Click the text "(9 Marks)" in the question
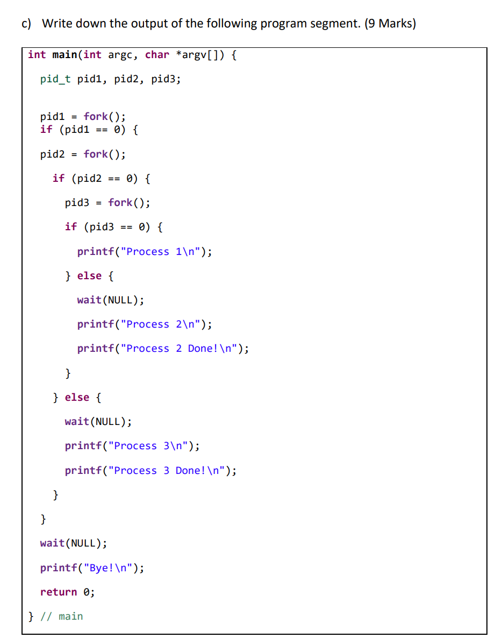click(390, 24)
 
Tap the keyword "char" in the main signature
click(157, 55)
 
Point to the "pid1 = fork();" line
click(83, 116)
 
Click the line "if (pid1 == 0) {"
click(89, 130)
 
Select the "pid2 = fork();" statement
click(83, 154)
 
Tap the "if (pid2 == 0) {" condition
click(102, 178)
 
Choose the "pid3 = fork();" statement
click(107, 203)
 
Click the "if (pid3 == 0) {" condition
click(114, 227)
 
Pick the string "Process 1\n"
click(161, 252)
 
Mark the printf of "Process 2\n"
click(144, 324)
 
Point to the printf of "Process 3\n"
click(132, 446)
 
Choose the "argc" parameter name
click(120, 55)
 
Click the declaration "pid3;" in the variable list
click(166, 80)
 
